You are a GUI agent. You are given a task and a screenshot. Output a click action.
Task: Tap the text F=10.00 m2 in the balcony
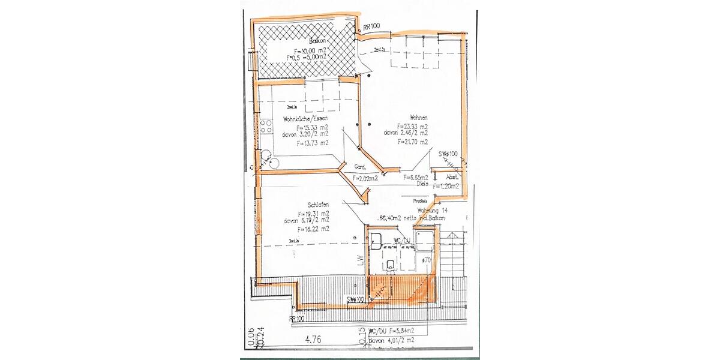(311, 50)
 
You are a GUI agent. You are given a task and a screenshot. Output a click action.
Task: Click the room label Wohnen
(418, 118)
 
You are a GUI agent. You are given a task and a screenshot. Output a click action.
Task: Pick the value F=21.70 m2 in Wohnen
(412, 142)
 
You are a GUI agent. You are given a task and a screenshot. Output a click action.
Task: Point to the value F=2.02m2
(365, 178)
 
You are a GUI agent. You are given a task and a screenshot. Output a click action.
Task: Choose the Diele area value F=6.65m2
(415, 178)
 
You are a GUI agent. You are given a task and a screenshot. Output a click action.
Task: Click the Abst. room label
(452, 178)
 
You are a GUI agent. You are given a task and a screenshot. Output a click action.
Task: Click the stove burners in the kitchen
(266, 128)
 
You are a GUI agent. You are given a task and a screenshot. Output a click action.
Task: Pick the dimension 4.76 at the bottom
(313, 340)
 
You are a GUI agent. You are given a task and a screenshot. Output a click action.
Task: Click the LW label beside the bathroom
(361, 260)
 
